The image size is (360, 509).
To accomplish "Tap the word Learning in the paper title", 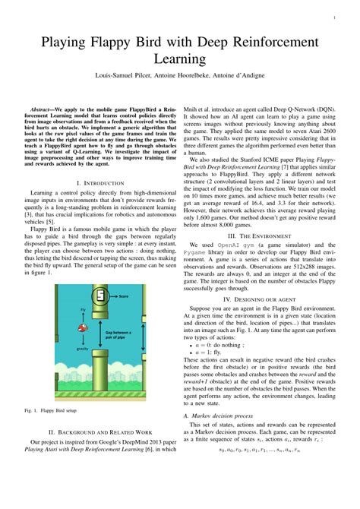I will click(179, 58).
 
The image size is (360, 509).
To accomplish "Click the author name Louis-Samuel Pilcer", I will click(126, 77).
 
